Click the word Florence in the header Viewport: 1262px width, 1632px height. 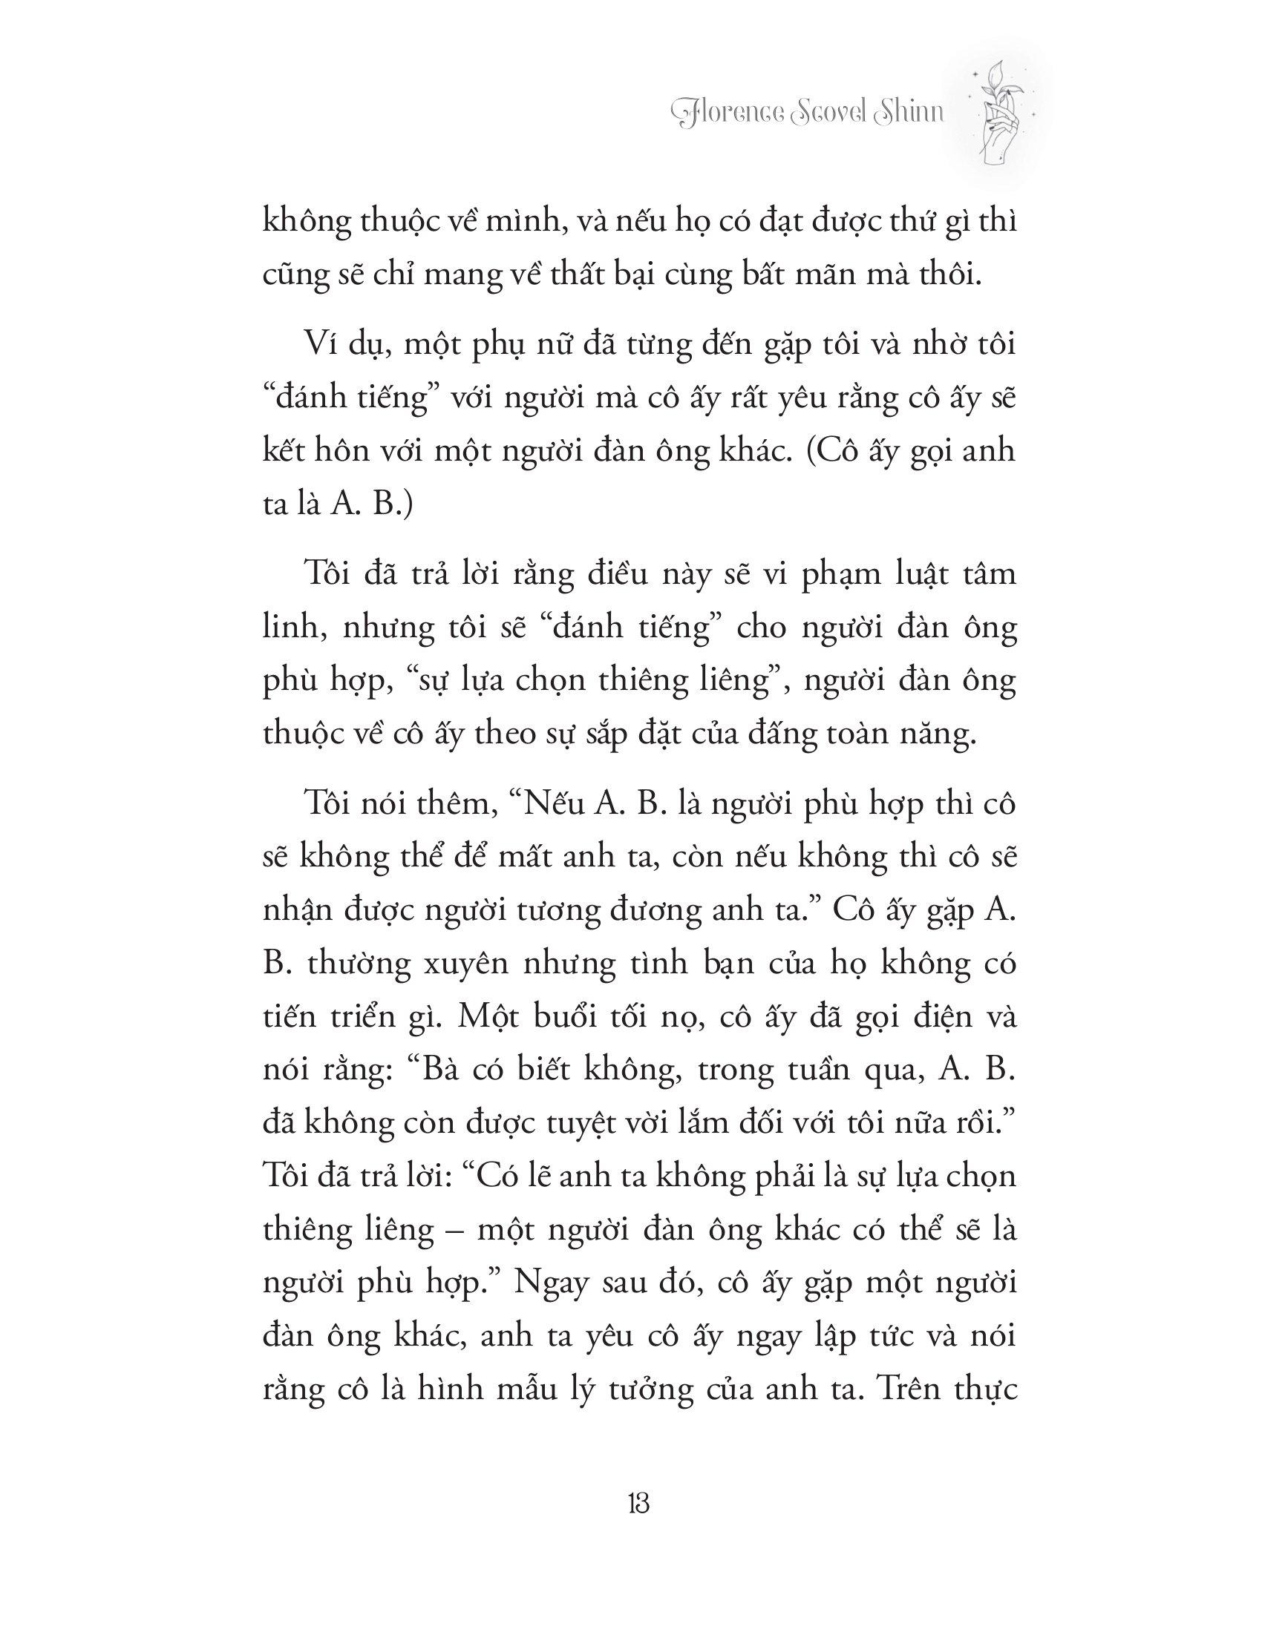click(x=738, y=113)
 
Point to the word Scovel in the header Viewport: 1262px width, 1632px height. click(x=832, y=113)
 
